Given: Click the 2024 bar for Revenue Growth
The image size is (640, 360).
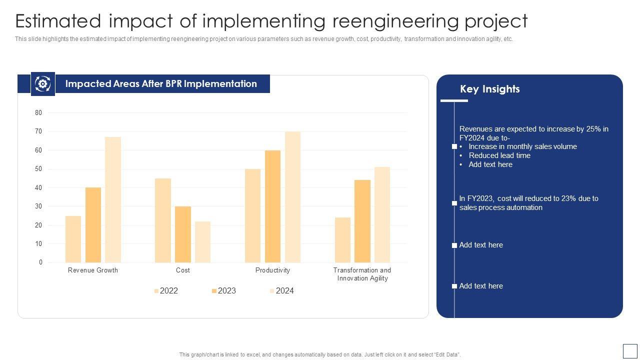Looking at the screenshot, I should tap(113, 199).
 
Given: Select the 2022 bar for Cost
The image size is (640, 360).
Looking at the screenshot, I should tap(163, 220).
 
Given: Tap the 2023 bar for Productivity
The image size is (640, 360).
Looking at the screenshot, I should tap(272, 206).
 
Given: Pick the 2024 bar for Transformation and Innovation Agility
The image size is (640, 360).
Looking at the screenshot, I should tap(382, 214).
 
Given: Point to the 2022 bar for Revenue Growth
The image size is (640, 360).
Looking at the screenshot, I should tap(73, 239).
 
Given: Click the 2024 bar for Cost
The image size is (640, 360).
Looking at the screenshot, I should tap(202, 242).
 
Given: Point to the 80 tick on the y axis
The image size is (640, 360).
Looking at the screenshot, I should tap(38, 113).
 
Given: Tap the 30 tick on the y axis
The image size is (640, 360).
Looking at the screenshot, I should tap(38, 206).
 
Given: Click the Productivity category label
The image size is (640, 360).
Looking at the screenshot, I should tap(272, 270).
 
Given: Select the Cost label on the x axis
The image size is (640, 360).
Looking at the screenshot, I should tap(183, 270).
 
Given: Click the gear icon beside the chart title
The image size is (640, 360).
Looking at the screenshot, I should tap(42, 84).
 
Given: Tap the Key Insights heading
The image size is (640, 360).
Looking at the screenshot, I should tap(489, 89).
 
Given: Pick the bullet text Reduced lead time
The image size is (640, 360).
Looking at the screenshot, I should tap(499, 155).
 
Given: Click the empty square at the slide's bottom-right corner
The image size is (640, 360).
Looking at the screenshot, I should tap(630, 350).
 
